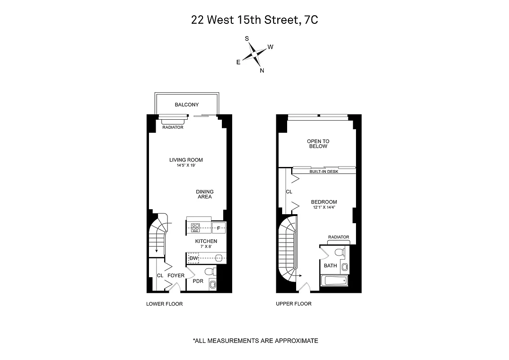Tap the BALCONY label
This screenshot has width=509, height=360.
(x=186, y=105)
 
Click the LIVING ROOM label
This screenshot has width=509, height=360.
(x=186, y=160)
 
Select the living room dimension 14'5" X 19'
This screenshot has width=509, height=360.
(x=186, y=166)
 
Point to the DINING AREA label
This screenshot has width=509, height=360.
(x=204, y=194)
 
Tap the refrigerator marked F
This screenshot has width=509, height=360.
(x=219, y=228)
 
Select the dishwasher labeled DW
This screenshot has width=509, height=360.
(x=194, y=258)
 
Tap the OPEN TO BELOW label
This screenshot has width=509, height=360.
(x=318, y=144)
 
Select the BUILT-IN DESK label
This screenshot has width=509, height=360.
(x=324, y=171)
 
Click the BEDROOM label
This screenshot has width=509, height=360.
(x=324, y=202)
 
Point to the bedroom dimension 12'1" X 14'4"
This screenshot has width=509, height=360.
(x=324, y=207)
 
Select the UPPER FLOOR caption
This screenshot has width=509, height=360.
(x=293, y=304)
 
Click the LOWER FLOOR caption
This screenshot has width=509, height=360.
(x=164, y=304)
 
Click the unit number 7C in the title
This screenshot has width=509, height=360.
(x=311, y=20)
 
